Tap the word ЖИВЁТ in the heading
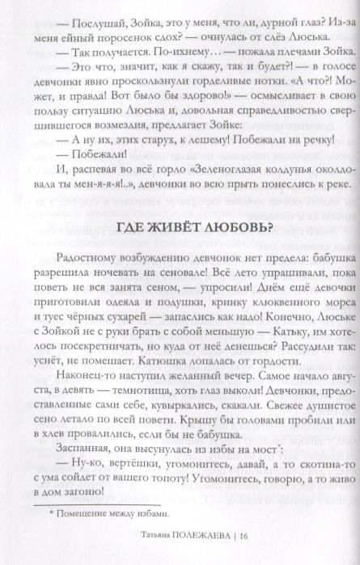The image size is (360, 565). [x=162, y=228]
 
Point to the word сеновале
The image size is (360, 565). [x=196, y=274]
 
